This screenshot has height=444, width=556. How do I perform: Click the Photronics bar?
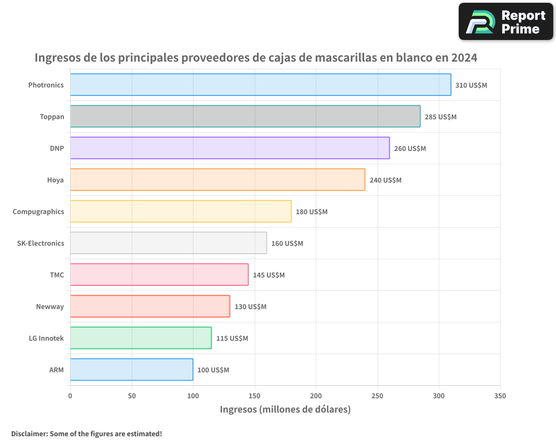(x=260, y=85)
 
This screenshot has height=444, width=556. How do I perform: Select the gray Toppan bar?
(x=245, y=117)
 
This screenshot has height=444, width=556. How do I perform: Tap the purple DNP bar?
(x=230, y=148)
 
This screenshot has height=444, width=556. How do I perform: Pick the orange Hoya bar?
(x=217, y=180)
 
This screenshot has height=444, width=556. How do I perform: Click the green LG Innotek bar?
(x=141, y=338)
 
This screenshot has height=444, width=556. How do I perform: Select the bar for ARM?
(x=131, y=370)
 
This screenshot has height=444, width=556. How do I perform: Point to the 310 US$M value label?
(x=471, y=85)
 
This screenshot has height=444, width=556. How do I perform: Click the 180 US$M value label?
(x=311, y=212)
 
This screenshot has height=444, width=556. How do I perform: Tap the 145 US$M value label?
(x=269, y=275)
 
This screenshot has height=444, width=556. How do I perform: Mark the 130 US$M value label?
(x=250, y=307)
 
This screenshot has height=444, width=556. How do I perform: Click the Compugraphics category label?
(x=38, y=211)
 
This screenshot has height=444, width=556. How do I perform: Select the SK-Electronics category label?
(x=41, y=243)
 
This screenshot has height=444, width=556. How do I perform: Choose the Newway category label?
(x=50, y=306)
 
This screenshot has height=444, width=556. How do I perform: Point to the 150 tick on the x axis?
(x=255, y=396)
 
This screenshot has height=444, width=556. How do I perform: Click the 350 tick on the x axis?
(x=500, y=396)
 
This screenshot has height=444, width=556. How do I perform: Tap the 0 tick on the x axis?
(x=70, y=396)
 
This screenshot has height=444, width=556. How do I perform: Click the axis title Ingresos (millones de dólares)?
(x=285, y=410)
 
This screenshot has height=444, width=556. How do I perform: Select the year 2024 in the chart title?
(x=464, y=57)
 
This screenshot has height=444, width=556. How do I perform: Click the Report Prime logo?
(x=505, y=22)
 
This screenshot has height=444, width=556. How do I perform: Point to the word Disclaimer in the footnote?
(x=28, y=433)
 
